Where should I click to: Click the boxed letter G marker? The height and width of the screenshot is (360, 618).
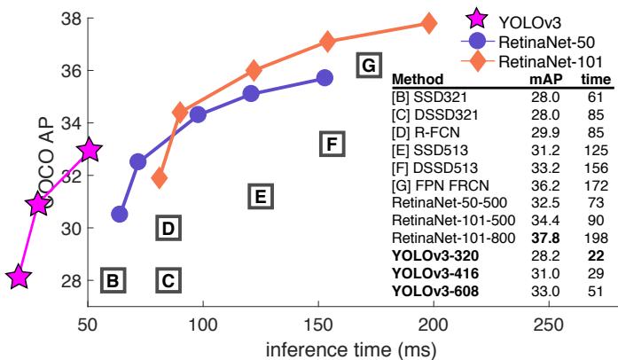point(369,65)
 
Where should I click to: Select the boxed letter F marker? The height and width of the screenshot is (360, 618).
point(331,144)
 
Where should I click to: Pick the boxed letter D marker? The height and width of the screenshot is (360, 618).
point(168,228)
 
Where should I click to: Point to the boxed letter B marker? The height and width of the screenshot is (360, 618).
point(113,281)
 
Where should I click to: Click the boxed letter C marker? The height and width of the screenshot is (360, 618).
point(168,281)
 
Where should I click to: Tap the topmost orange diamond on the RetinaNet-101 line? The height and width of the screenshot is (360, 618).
point(429,23)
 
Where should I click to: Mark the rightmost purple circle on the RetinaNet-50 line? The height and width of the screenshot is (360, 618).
point(325,78)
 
